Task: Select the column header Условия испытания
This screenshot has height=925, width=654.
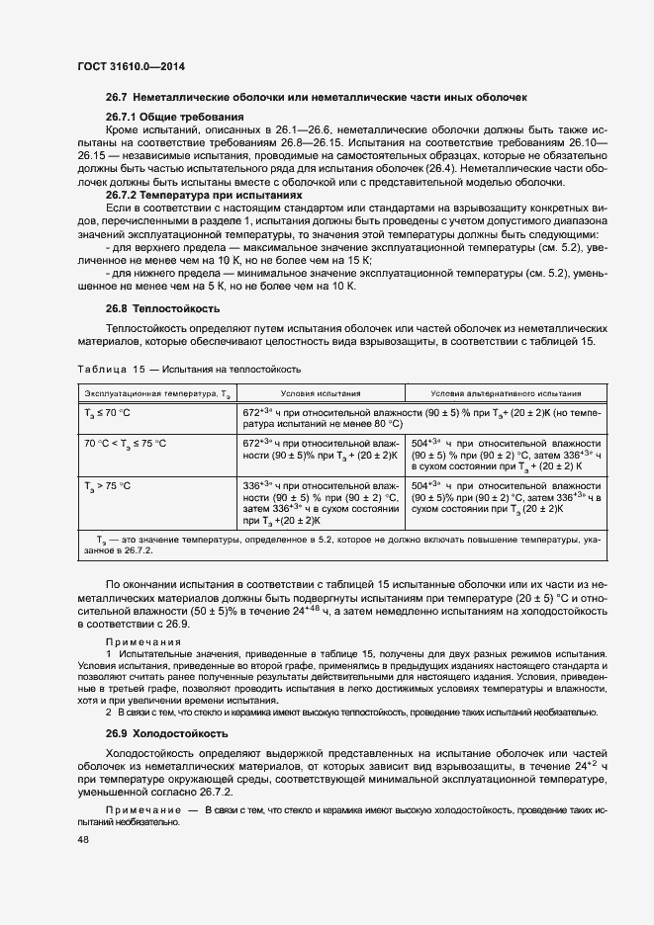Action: (x=321, y=393)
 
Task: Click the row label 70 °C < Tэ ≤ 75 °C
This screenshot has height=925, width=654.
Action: (x=125, y=444)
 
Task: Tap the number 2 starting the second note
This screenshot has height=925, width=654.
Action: (x=109, y=713)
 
